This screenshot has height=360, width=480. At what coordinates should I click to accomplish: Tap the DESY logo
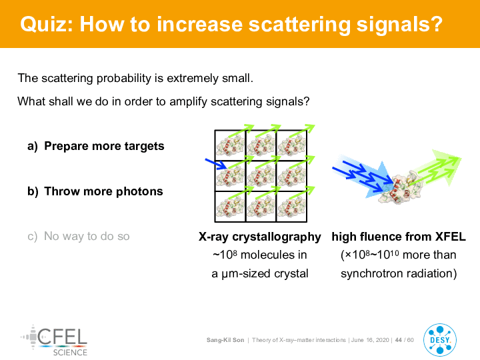click(x=440, y=340)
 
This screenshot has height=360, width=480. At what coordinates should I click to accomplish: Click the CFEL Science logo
click(x=55, y=341)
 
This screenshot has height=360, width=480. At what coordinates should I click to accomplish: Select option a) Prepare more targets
click(x=96, y=146)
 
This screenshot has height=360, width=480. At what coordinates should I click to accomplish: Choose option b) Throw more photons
click(x=95, y=191)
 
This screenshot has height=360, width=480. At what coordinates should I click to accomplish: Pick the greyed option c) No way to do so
click(x=79, y=236)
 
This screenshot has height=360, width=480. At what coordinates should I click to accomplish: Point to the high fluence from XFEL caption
click(x=399, y=237)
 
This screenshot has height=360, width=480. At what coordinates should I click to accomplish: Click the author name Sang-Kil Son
click(x=225, y=340)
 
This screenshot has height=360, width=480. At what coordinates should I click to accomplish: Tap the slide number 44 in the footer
click(x=398, y=340)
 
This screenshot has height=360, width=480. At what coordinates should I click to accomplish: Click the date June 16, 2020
click(x=370, y=340)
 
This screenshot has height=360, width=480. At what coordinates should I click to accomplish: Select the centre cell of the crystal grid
click(x=261, y=176)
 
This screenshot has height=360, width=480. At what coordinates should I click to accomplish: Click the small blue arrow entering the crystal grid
click(x=216, y=164)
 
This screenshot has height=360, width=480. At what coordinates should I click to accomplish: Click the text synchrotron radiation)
click(x=399, y=273)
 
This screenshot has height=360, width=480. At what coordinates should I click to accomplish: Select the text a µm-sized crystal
click(x=259, y=273)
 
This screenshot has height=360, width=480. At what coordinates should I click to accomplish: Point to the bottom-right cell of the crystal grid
click(x=291, y=207)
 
